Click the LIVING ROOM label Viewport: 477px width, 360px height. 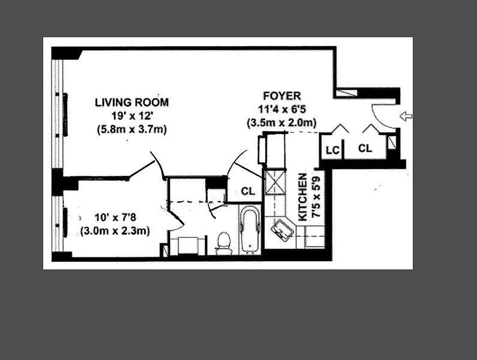point(131,102)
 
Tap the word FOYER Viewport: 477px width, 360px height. point(282,96)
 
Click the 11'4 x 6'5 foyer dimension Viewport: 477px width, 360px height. point(282,109)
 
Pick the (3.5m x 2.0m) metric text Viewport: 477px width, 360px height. point(282,122)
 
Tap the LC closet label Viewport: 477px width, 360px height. point(332,150)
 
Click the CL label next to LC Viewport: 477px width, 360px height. point(365,148)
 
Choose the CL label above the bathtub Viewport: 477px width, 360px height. point(248,191)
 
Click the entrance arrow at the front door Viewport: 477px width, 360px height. point(406,117)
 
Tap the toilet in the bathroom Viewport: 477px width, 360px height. point(224,242)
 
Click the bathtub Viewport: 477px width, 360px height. point(250,229)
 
